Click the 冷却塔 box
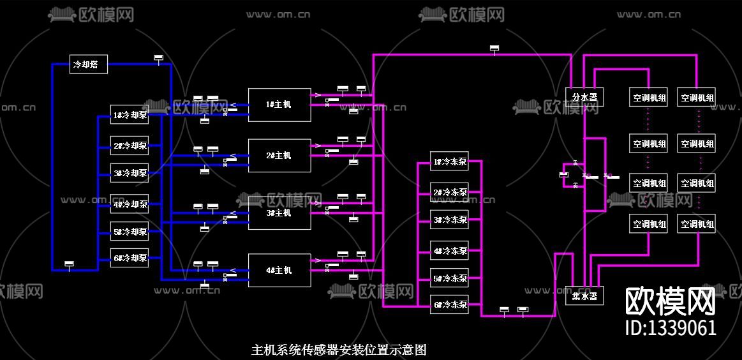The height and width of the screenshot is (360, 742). pyautogui.click(x=88, y=64)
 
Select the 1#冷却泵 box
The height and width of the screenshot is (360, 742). pyautogui.click(x=130, y=116)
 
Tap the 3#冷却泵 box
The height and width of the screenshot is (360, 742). pyautogui.click(x=130, y=172)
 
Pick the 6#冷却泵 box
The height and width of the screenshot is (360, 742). pyautogui.click(x=130, y=258)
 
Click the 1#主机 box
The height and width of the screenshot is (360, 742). pyautogui.click(x=279, y=105)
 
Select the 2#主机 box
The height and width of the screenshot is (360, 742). pyautogui.click(x=279, y=156)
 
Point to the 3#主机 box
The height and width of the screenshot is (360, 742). pyautogui.click(x=279, y=213)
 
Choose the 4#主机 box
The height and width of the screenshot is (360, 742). pyautogui.click(x=279, y=271)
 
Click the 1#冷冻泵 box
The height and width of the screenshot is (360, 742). pyautogui.click(x=450, y=162)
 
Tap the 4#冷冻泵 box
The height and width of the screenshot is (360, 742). pyautogui.click(x=450, y=251)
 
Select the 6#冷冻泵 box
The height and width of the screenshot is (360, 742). pyautogui.click(x=450, y=304)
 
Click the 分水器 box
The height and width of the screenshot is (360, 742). pyautogui.click(x=584, y=97)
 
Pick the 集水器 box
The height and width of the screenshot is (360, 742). pyautogui.click(x=584, y=296)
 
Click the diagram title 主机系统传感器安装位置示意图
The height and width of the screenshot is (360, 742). pyautogui.click(x=339, y=350)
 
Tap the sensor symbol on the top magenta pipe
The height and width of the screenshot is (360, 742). pyautogui.click(x=494, y=49)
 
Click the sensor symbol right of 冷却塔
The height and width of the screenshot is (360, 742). pyautogui.click(x=159, y=58)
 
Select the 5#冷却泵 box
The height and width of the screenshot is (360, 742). pyautogui.click(x=130, y=232)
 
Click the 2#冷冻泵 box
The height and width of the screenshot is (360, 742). pyautogui.click(x=450, y=192)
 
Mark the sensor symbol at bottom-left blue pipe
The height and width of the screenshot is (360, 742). pyautogui.click(x=70, y=264)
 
